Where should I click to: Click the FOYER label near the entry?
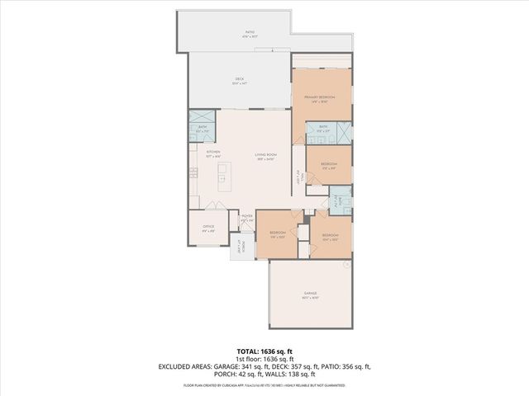[246, 217]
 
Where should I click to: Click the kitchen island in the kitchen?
[222, 174]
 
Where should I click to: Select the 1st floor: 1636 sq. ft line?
[264, 358]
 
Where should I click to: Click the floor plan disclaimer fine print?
[264, 386]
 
